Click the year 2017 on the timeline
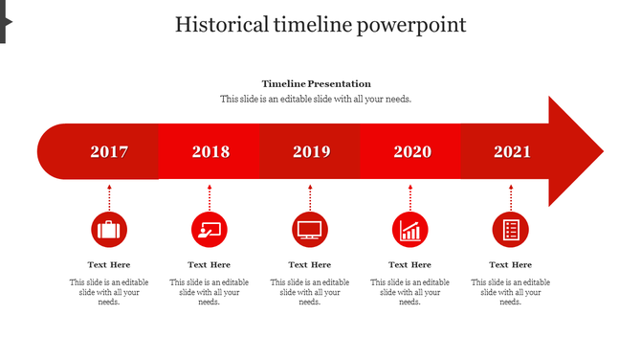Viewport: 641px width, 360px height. click(x=109, y=151)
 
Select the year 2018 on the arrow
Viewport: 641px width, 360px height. click(x=210, y=151)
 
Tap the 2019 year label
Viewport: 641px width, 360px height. click(x=311, y=151)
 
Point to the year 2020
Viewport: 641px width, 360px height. click(x=412, y=151)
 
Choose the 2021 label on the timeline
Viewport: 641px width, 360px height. click(x=512, y=151)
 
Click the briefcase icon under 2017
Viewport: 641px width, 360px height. click(x=109, y=230)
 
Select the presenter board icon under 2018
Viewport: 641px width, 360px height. click(x=210, y=230)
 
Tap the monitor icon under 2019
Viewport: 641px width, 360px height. click(x=310, y=230)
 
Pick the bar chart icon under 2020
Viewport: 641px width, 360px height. click(x=410, y=230)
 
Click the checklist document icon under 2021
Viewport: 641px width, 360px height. click(x=511, y=230)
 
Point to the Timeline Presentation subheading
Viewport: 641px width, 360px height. click(x=317, y=84)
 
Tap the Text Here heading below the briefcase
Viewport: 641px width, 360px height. click(x=109, y=264)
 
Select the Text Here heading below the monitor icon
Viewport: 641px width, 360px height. click(x=310, y=264)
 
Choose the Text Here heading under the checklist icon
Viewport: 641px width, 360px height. click(x=511, y=264)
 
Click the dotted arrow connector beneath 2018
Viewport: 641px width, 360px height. click(x=210, y=197)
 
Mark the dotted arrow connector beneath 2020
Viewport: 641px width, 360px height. click(x=410, y=197)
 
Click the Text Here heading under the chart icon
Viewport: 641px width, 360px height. click(x=410, y=264)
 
